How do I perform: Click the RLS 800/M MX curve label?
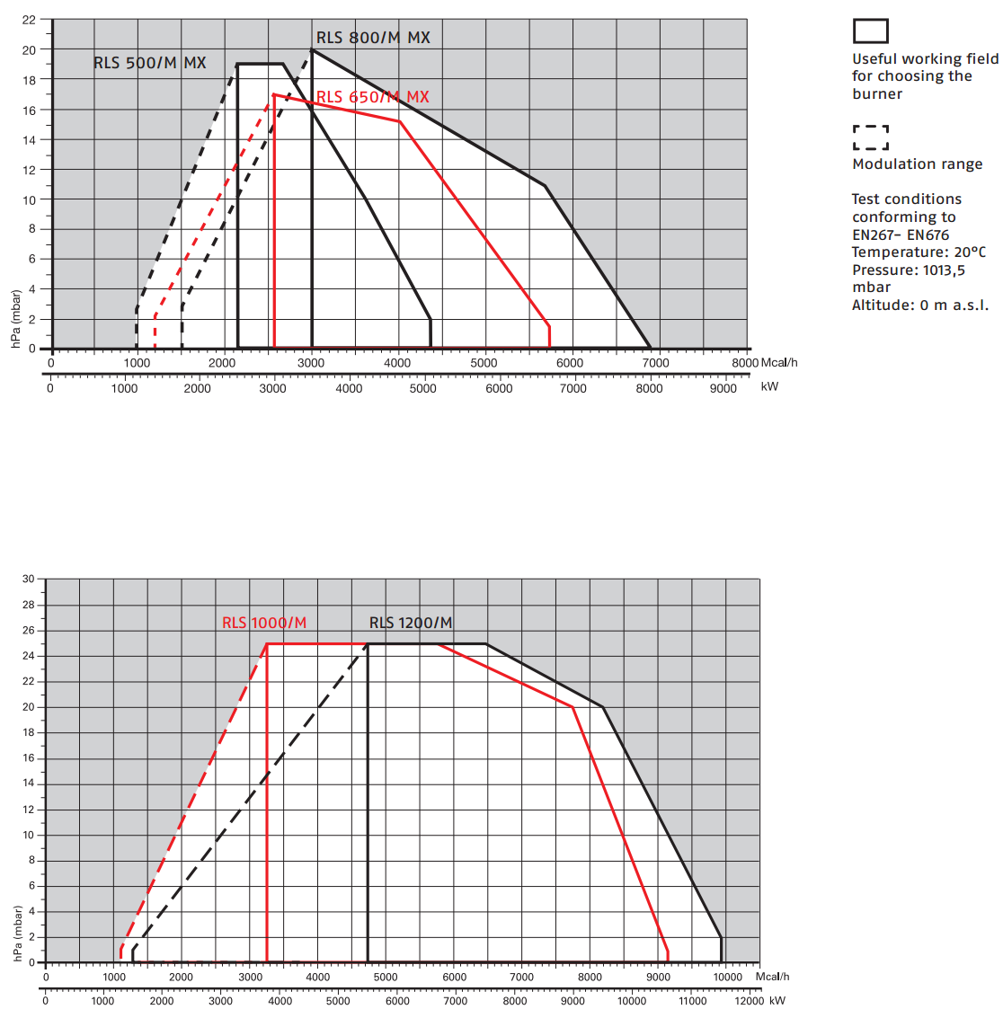pos(373,38)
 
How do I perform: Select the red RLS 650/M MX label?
pos(372,97)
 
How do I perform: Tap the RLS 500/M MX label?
pos(150,63)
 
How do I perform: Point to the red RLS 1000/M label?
pos(264,623)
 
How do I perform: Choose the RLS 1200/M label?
pos(411,623)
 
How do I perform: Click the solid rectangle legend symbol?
pos(870,31)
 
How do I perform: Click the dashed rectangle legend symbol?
pos(870,137)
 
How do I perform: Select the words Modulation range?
pos(917,164)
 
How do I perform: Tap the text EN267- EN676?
pos(901,235)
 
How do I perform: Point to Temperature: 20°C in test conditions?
pos(919,252)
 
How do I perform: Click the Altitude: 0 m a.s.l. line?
pos(920,305)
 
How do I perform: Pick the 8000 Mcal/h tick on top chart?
pos(745,363)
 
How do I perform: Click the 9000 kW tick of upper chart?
pos(723,388)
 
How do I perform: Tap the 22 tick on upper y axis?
pos(30,20)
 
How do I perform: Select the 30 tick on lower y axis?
pos(29,580)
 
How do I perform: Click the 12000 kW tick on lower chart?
pos(748,1001)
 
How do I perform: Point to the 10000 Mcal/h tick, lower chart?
pos(727,977)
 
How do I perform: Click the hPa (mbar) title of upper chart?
pos(16,319)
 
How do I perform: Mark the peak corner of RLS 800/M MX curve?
pos(312,50)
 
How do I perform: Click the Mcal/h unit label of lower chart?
pos(772,977)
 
